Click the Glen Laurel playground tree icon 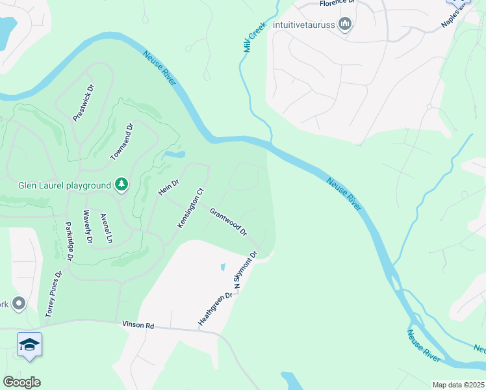(121, 185)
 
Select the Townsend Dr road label (122, 142)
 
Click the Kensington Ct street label (191, 208)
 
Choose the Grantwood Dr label (229, 222)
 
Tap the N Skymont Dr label (246, 272)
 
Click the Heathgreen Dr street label (215, 309)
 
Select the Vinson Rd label (138, 324)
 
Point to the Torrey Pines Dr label (53, 294)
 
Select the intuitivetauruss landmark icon (345, 25)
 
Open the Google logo (21, 382)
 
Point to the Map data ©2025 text (459, 385)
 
